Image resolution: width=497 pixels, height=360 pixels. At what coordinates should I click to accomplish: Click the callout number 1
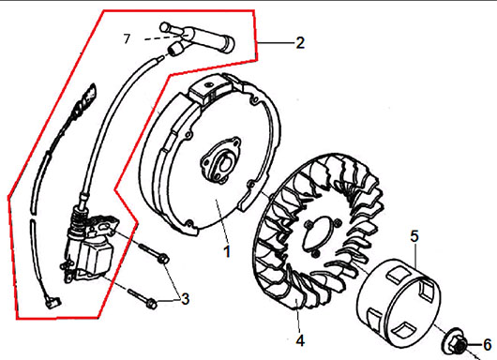point(227,251)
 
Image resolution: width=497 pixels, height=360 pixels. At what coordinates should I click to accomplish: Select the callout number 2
point(300,43)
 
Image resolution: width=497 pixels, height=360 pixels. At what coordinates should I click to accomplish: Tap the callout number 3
point(185,299)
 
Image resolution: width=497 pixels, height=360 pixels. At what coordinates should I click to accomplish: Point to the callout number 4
point(300,340)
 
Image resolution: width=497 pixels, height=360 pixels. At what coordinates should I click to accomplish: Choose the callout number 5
point(414,236)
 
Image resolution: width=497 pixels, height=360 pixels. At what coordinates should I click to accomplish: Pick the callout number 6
point(488,344)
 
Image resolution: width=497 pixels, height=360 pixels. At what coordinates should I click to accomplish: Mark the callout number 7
point(127,39)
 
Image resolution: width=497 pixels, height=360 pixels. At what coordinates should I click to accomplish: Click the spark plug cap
point(197,37)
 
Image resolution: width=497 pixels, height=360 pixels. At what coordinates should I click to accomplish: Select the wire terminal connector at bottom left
point(53,302)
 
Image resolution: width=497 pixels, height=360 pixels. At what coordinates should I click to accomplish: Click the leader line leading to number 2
point(275,42)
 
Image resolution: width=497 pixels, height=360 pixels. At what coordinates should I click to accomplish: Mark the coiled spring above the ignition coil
point(78,222)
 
